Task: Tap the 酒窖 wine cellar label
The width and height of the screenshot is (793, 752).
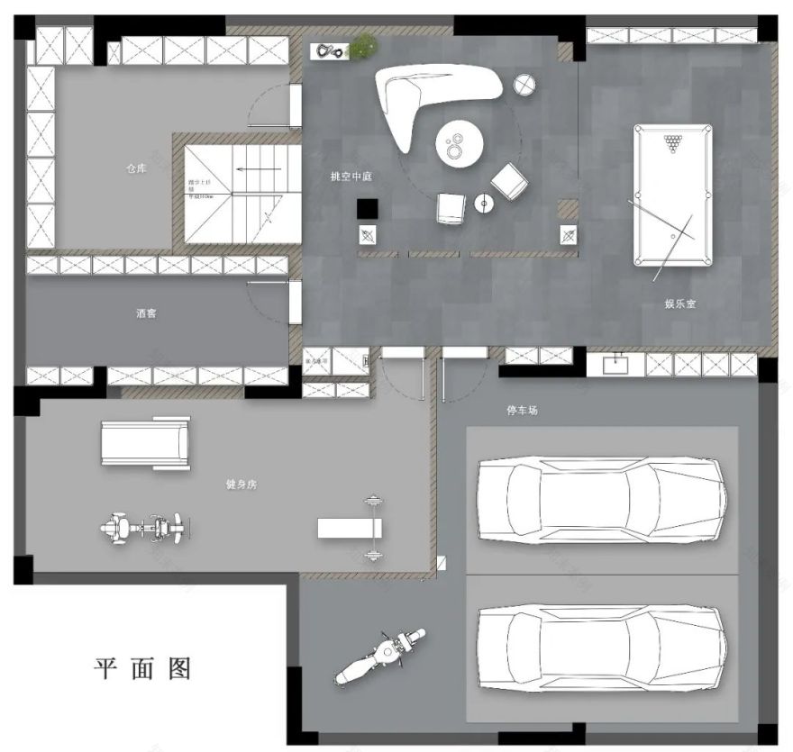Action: pyautogui.click(x=148, y=314)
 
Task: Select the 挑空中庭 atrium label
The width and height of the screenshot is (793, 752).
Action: pyautogui.click(x=351, y=177)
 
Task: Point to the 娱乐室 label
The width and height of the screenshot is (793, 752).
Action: pyautogui.click(x=680, y=304)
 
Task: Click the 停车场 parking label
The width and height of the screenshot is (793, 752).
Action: pyautogui.click(x=523, y=411)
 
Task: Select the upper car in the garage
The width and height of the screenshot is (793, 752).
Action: pyautogui.click(x=601, y=501)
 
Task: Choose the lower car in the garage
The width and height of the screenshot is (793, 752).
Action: pyautogui.click(x=601, y=646)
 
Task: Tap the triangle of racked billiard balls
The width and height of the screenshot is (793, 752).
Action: pyautogui.click(x=672, y=143)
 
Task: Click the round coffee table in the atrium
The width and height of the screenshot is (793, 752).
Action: pyautogui.click(x=460, y=144)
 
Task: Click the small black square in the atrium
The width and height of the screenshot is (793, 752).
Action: pyautogui.click(x=368, y=209)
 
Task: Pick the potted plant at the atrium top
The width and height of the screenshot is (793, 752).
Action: pyautogui.click(x=363, y=43)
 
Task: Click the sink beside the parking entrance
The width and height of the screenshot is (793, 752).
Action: pyautogui.click(x=617, y=364)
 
